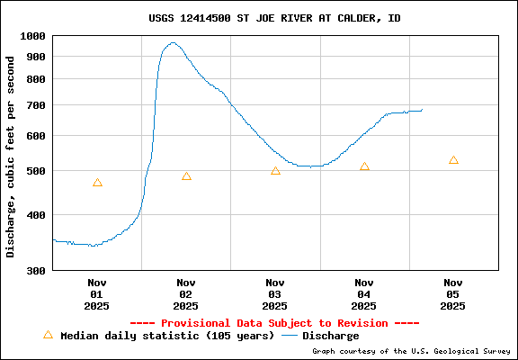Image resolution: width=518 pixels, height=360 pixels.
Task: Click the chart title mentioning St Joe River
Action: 274,18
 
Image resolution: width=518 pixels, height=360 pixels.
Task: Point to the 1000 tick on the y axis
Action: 32,36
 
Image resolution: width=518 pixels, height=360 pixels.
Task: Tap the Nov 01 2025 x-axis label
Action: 97,293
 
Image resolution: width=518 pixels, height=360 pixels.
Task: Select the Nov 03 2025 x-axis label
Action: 275,293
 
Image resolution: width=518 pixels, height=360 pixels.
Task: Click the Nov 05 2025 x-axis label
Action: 453,293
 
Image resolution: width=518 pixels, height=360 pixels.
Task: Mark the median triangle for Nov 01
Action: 97,183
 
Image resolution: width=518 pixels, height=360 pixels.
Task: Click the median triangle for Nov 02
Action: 186,176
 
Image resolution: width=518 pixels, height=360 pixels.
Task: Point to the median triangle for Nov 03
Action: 275,170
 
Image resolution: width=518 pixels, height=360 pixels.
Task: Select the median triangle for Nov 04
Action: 364,166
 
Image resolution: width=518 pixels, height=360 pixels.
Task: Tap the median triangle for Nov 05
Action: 453,160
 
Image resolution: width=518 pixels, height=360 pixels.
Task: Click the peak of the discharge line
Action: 173,42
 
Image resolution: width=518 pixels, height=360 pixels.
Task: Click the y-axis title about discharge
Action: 11,157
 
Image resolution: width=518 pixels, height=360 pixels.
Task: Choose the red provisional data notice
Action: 274,323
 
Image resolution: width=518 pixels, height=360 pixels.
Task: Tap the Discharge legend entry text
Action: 330,336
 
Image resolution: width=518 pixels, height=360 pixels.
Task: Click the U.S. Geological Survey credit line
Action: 411,352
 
